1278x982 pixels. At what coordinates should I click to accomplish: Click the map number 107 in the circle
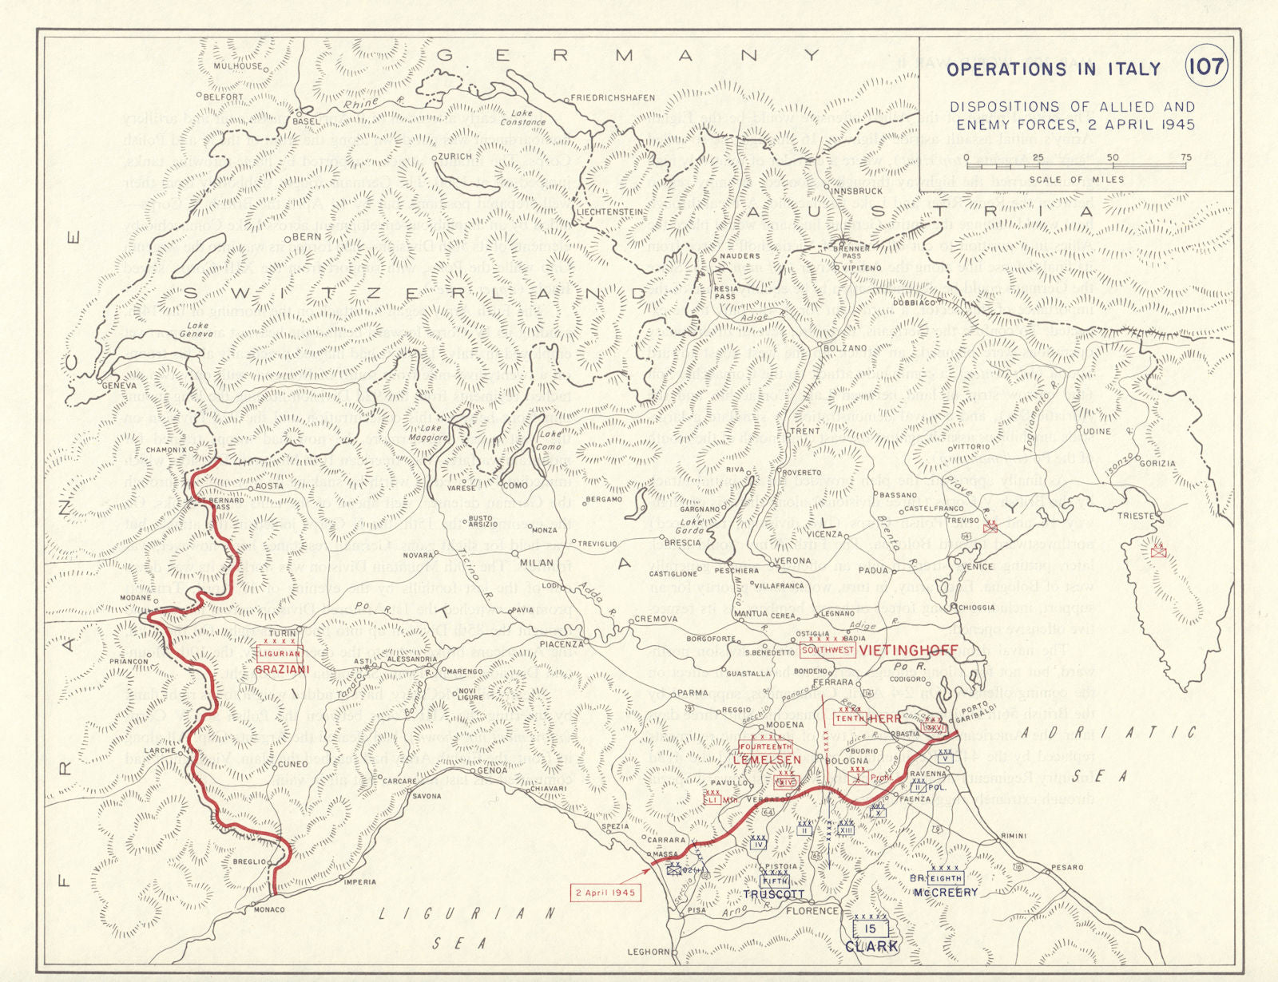(x=1205, y=66)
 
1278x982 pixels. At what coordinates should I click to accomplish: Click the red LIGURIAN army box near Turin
(x=279, y=654)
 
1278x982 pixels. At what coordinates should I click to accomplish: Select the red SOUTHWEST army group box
(x=828, y=651)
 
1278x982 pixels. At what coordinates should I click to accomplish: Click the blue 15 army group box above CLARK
(x=871, y=929)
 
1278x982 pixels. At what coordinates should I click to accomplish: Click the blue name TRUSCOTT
(x=774, y=895)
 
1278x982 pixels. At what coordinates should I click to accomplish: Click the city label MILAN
(x=537, y=563)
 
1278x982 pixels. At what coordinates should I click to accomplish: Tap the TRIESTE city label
(x=1135, y=516)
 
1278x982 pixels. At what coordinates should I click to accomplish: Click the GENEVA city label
(x=121, y=385)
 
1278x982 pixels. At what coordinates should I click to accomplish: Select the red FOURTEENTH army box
(x=766, y=746)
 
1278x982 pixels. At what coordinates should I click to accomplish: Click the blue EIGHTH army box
(x=946, y=878)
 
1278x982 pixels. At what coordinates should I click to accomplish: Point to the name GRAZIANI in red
(x=276, y=670)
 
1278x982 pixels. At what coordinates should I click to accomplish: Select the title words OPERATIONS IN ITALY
(x=1053, y=69)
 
